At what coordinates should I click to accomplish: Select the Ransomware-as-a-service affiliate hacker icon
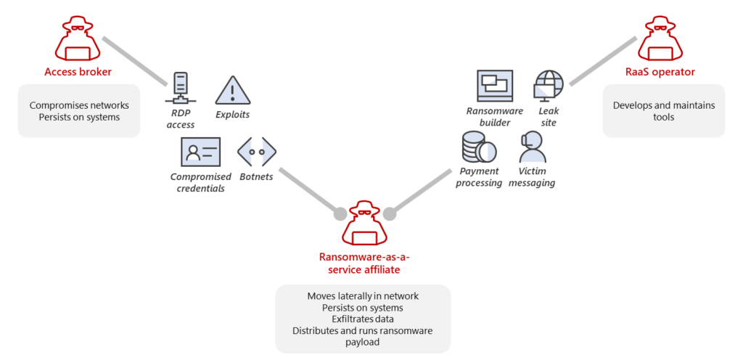coord(364,226)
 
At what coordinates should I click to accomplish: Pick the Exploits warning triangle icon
coord(232,90)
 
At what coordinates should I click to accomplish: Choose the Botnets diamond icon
coord(257,151)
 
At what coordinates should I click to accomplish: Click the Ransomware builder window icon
coord(494,86)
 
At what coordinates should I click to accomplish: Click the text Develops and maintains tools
coord(663,111)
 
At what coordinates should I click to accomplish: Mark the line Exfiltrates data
coord(363,319)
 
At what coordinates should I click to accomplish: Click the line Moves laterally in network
coord(363,296)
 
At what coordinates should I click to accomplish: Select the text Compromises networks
coord(78,105)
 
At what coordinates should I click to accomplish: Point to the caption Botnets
coord(257,176)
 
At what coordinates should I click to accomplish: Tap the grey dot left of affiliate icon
coord(339,214)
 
